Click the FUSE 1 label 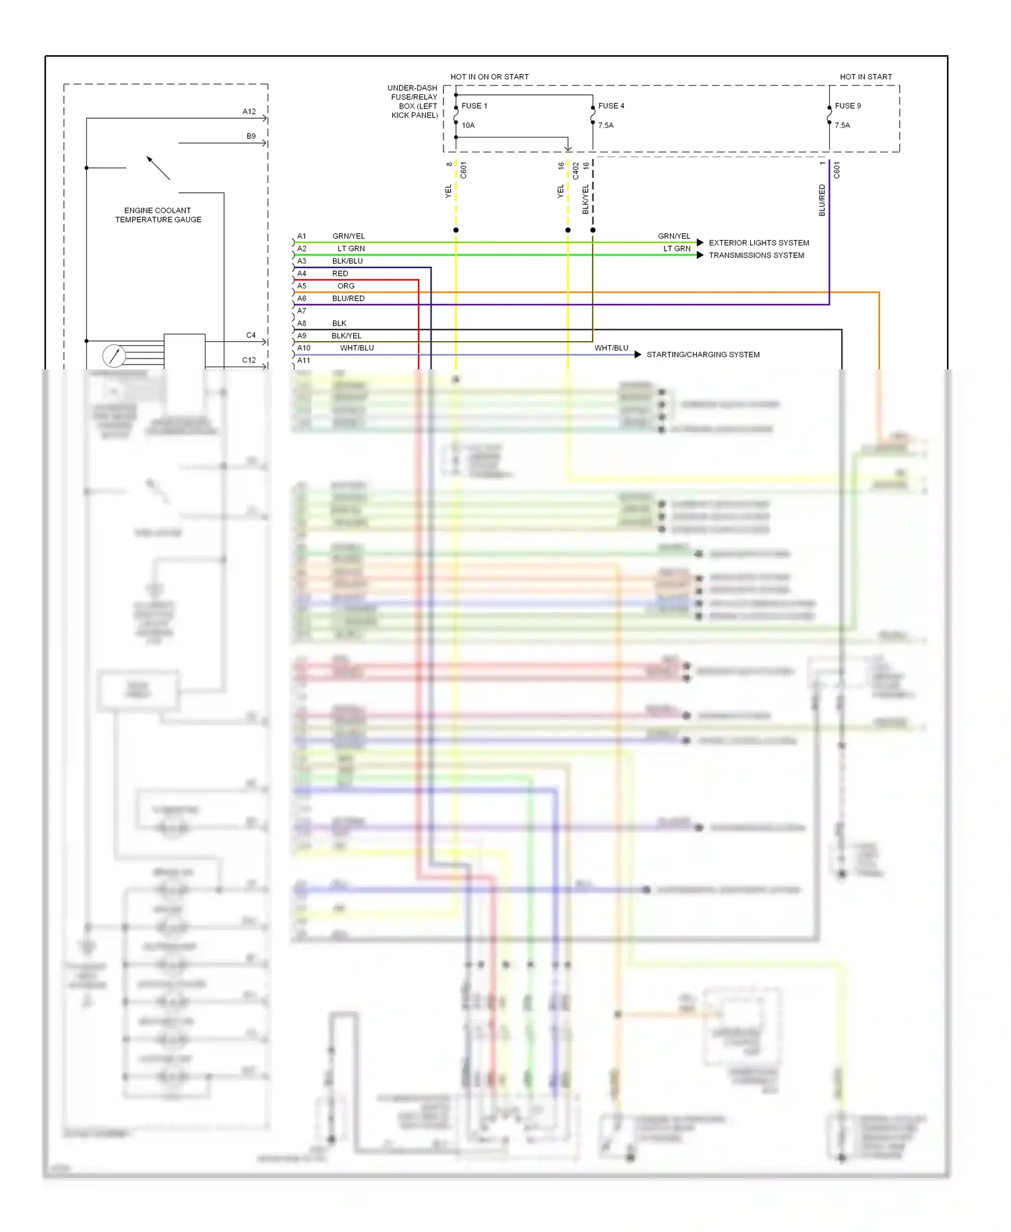click(474, 106)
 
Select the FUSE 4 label click(611, 106)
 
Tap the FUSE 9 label click(847, 106)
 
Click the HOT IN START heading click(865, 77)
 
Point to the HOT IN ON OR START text click(489, 77)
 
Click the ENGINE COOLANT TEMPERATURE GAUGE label click(158, 215)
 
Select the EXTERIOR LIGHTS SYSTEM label click(758, 243)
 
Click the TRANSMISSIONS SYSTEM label click(756, 255)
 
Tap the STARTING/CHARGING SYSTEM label click(702, 355)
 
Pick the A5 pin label click(302, 286)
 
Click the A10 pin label click(304, 348)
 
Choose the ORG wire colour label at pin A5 click(346, 286)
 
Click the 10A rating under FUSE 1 click(468, 125)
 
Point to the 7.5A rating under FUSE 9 click(842, 125)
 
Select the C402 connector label click(576, 171)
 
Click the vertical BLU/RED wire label click(822, 200)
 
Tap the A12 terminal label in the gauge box click(249, 112)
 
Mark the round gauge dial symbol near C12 click(114, 355)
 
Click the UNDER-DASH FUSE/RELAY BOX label click(413, 102)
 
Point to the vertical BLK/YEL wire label click(585, 199)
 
